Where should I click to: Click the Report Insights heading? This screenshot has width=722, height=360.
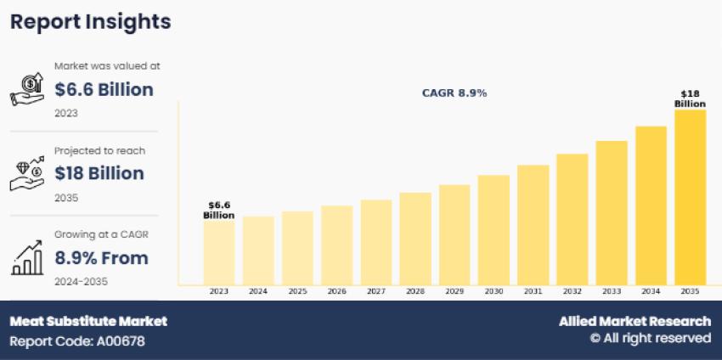(90, 22)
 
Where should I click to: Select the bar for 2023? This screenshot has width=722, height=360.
(218, 252)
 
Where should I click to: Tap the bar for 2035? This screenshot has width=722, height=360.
(690, 197)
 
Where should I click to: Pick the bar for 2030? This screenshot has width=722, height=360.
(494, 229)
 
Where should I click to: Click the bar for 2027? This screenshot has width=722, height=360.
(375, 242)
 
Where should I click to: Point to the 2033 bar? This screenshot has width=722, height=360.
(612, 212)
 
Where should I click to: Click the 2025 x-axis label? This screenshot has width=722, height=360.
(297, 291)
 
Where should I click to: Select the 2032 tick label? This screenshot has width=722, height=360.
(572, 291)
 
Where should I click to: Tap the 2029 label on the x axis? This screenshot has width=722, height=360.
(454, 291)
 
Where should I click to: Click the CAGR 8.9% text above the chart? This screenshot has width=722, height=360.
(454, 93)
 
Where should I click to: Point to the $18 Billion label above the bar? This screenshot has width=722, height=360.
(690, 98)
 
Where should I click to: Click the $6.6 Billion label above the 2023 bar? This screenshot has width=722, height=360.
(218, 210)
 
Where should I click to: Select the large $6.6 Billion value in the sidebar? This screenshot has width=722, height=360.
(104, 89)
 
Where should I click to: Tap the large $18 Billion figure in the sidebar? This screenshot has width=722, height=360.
(99, 173)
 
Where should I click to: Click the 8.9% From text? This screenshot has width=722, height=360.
(101, 257)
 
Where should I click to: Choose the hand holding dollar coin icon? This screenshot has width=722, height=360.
(27, 89)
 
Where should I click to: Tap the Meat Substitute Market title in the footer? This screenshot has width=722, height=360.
(88, 321)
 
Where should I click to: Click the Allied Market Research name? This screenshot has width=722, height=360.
(635, 321)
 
